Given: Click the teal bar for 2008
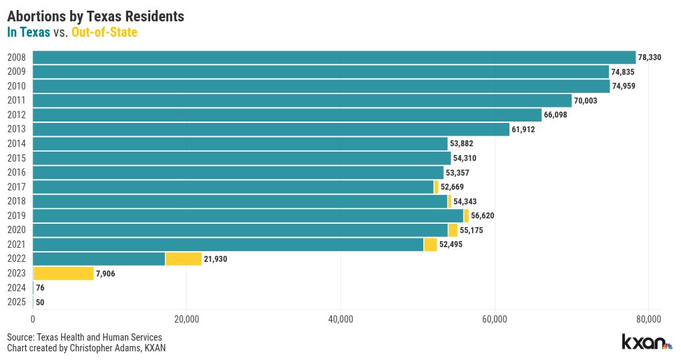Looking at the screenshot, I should (334, 57).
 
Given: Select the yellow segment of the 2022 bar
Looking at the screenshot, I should (184, 259).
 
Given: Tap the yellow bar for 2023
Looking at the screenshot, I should (63, 273).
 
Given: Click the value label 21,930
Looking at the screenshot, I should (216, 259).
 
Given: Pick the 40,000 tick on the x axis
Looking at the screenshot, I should (340, 319).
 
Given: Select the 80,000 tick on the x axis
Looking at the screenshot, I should (648, 319).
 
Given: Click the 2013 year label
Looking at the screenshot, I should (16, 130).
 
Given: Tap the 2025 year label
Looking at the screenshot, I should (16, 302).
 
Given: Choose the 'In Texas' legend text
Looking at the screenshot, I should (28, 31).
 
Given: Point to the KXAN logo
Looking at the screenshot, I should (646, 342).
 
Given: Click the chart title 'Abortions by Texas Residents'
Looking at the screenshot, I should (95, 15).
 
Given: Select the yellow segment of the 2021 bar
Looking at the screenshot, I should (431, 244).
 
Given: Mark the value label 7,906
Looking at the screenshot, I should (105, 273).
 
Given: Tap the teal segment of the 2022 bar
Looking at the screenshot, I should (99, 259).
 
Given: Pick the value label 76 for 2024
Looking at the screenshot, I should (40, 288).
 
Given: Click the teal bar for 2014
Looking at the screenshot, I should (240, 144).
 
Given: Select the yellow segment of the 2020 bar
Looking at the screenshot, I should (453, 230).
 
